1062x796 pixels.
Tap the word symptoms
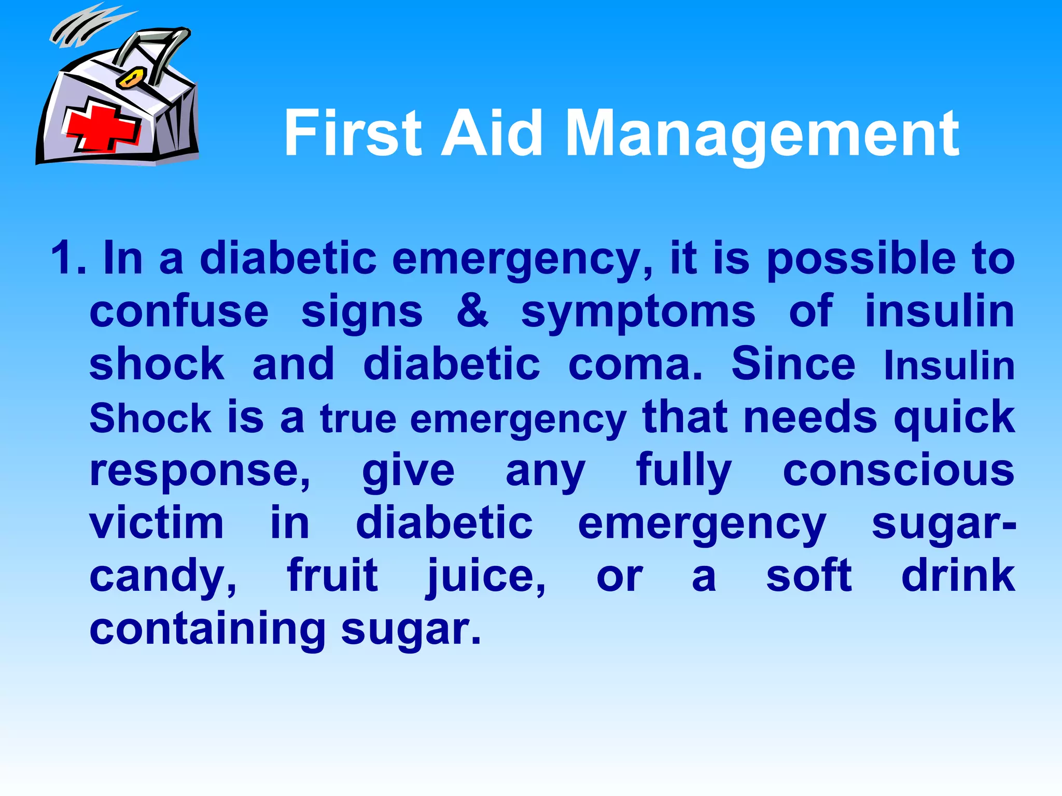638,314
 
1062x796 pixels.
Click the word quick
954,419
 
